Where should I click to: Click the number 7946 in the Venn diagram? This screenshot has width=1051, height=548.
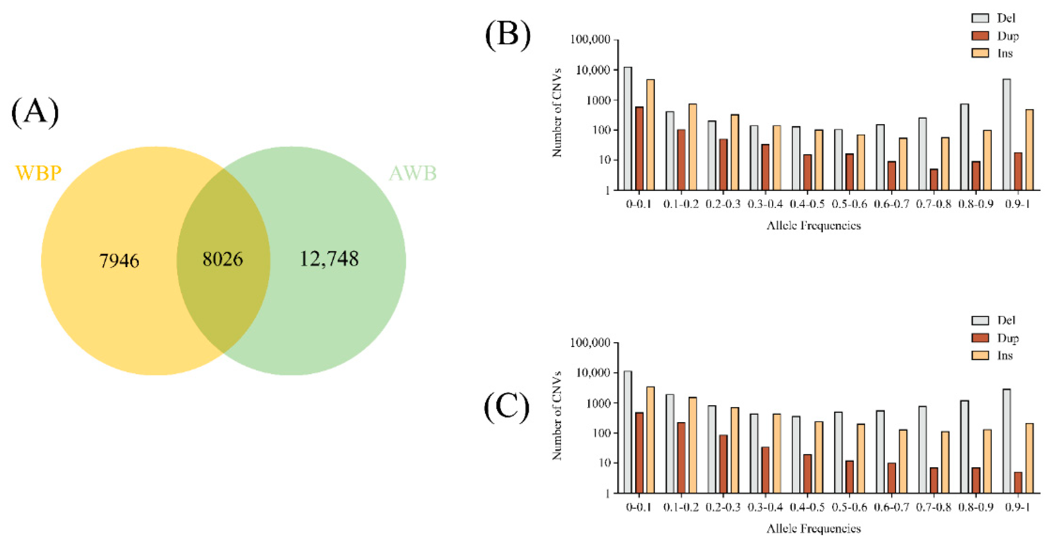pyautogui.click(x=119, y=261)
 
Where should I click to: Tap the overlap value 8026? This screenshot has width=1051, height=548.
pyautogui.click(x=223, y=259)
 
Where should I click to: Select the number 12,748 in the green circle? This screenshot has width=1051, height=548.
pyautogui.click(x=329, y=259)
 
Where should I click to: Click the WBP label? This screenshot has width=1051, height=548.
pyautogui.click(x=38, y=173)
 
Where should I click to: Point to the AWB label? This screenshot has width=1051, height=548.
pyautogui.click(x=412, y=173)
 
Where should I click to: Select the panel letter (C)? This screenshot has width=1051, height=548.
pyautogui.click(x=506, y=407)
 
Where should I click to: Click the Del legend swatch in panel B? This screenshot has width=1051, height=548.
pyautogui.click(x=980, y=18)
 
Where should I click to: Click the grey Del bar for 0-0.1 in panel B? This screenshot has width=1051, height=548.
pyautogui.click(x=628, y=128)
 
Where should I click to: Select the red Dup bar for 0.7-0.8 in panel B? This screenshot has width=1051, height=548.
pyautogui.click(x=934, y=180)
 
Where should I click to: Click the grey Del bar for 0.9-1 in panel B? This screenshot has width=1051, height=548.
pyautogui.click(x=1007, y=134)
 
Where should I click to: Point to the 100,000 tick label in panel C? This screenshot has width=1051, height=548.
pyautogui.click(x=590, y=343)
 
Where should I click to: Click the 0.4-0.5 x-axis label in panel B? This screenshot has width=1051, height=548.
pyautogui.click(x=807, y=204)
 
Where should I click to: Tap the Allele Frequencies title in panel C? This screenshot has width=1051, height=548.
pyautogui.click(x=813, y=529)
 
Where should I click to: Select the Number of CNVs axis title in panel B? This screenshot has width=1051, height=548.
pyautogui.click(x=557, y=113)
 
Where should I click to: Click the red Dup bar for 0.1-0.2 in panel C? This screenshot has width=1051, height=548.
pyautogui.click(x=681, y=458)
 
